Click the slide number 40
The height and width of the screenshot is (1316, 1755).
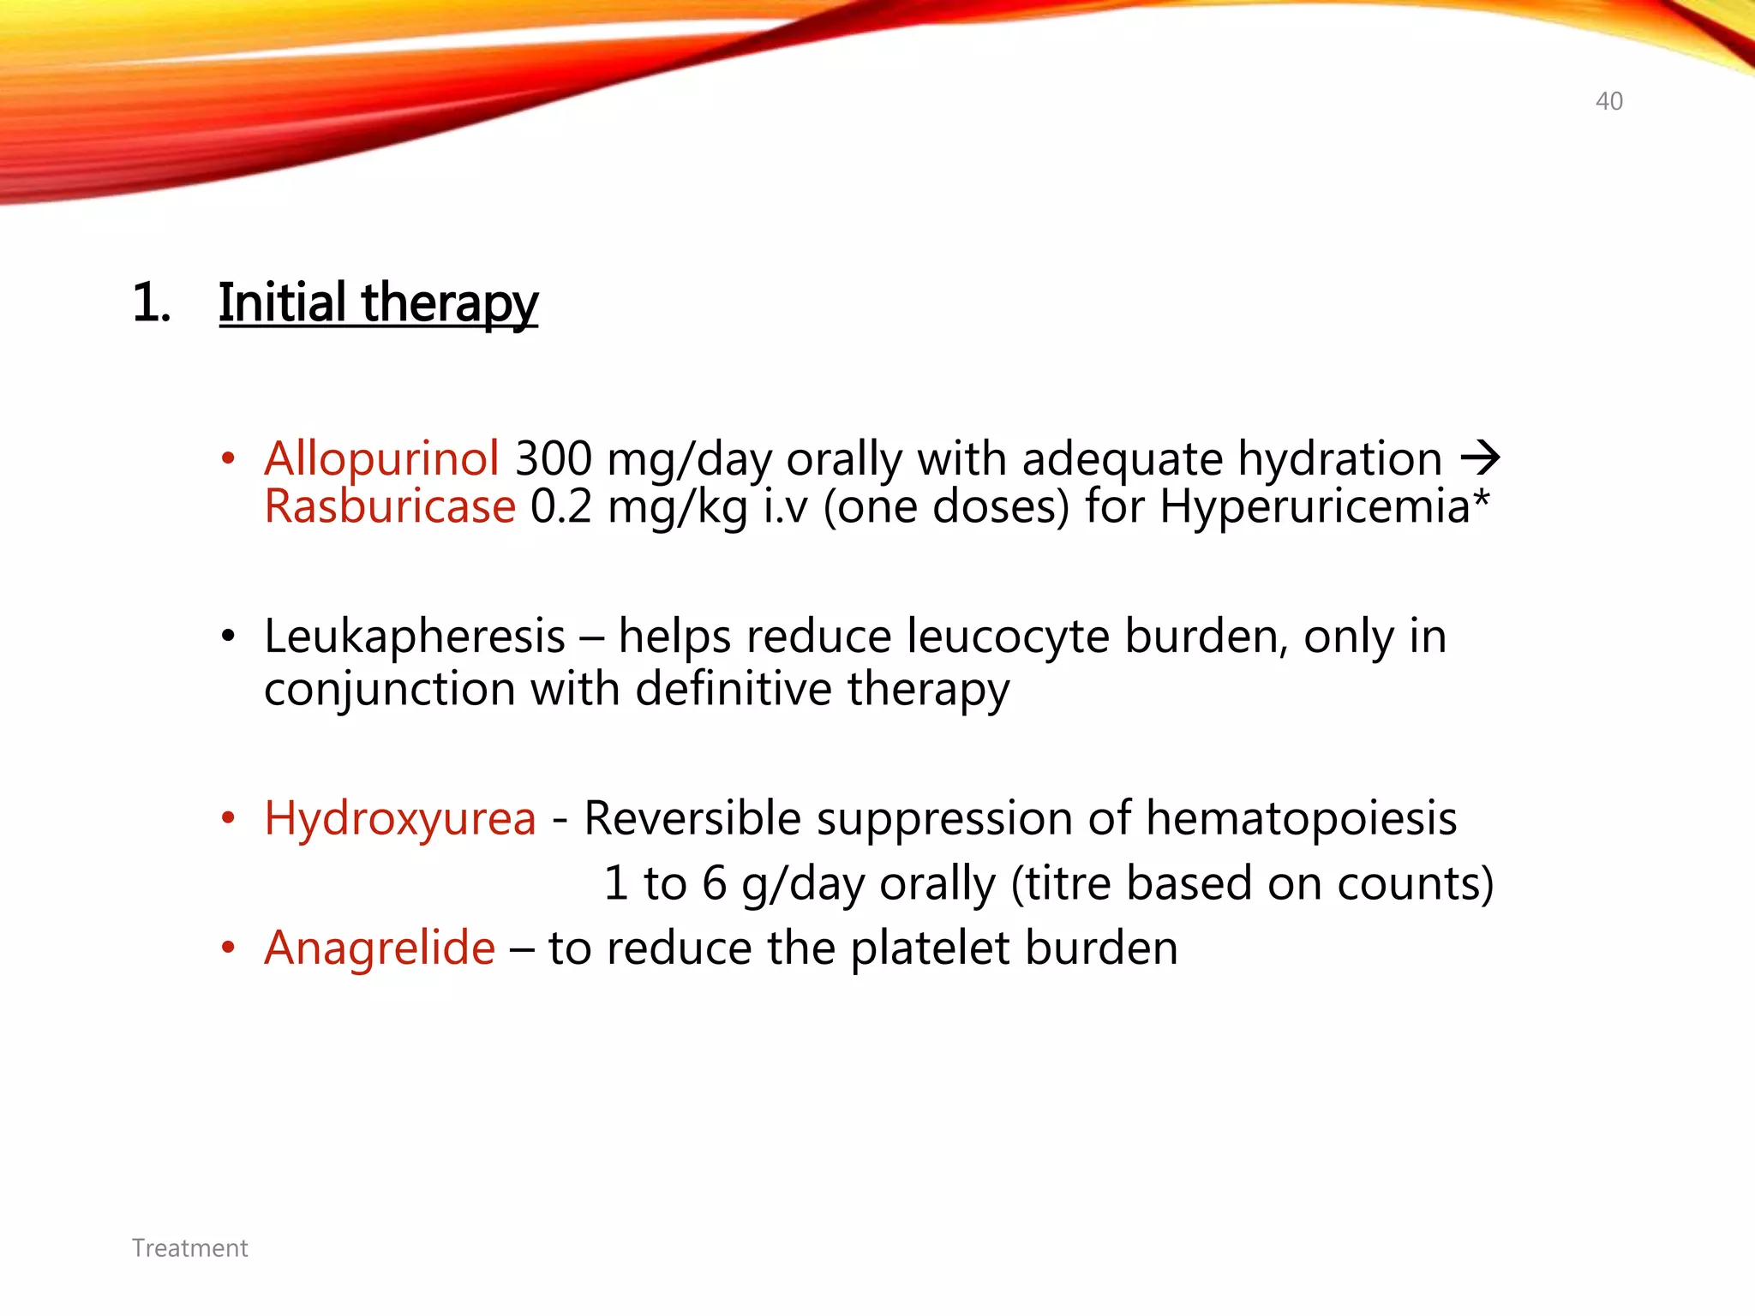point(1608,101)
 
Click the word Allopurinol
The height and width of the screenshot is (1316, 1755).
point(381,458)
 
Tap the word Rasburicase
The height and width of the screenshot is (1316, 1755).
point(390,506)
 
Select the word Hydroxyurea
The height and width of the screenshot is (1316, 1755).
point(400,818)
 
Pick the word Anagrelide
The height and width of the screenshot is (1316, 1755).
point(380,948)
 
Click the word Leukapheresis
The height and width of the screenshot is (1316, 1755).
point(415,637)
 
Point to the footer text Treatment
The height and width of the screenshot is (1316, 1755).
point(189,1248)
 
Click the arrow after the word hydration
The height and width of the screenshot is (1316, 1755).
point(1480,458)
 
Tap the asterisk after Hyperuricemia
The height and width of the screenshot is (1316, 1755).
point(1482,498)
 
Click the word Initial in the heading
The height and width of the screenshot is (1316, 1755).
point(281,303)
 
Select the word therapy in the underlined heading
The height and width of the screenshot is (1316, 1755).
point(450,305)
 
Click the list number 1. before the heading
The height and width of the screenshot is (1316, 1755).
point(152,303)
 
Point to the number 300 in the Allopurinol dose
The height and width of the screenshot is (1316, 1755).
point(553,458)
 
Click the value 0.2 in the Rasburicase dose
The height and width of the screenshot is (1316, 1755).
point(560,506)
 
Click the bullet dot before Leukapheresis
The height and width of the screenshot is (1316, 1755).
point(227,637)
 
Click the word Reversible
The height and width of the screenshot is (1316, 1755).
point(692,818)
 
